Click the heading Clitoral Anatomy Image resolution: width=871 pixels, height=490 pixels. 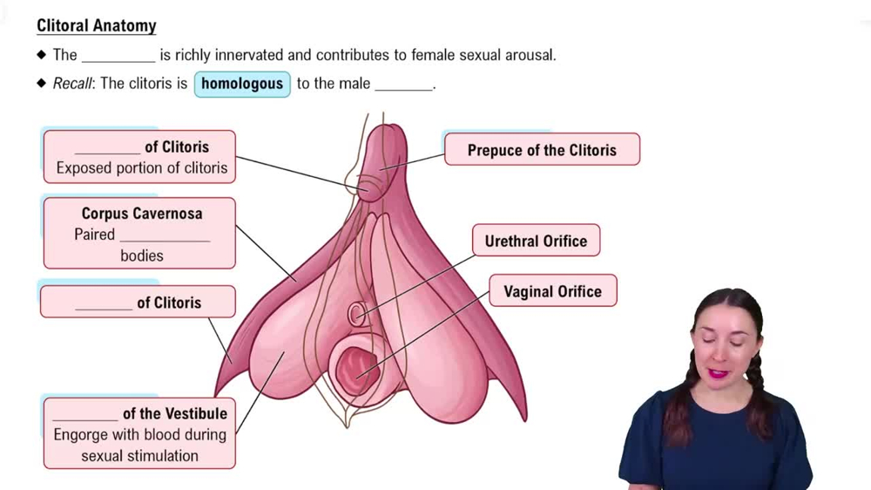point(96,25)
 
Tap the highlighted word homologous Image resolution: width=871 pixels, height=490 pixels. point(242,84)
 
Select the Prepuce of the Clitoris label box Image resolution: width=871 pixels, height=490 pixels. point(542,150)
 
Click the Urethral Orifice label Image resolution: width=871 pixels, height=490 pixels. point(536,241)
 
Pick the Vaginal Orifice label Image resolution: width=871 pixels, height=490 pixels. point(552,291)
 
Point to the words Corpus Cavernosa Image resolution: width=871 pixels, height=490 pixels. point(142,213)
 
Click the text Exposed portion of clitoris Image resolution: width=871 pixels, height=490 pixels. point(141,168)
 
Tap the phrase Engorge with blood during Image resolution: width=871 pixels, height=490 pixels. point(139,434)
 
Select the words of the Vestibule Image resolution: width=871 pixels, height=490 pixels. point(174,413)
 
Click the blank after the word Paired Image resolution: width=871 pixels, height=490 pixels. point(165,235)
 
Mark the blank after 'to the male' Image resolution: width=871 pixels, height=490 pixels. point(403,85)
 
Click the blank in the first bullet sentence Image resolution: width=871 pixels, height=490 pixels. point(118,56)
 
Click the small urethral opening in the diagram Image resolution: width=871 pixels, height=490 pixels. point(357,314)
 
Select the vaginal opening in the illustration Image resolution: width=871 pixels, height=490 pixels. point(357,369)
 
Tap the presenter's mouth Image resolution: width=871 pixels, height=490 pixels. point(719,373)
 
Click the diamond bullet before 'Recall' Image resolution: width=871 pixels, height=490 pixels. point(42,84)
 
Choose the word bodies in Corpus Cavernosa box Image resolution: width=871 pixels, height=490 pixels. point(142,255)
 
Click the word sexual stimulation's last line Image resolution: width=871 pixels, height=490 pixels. point(139,455)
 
